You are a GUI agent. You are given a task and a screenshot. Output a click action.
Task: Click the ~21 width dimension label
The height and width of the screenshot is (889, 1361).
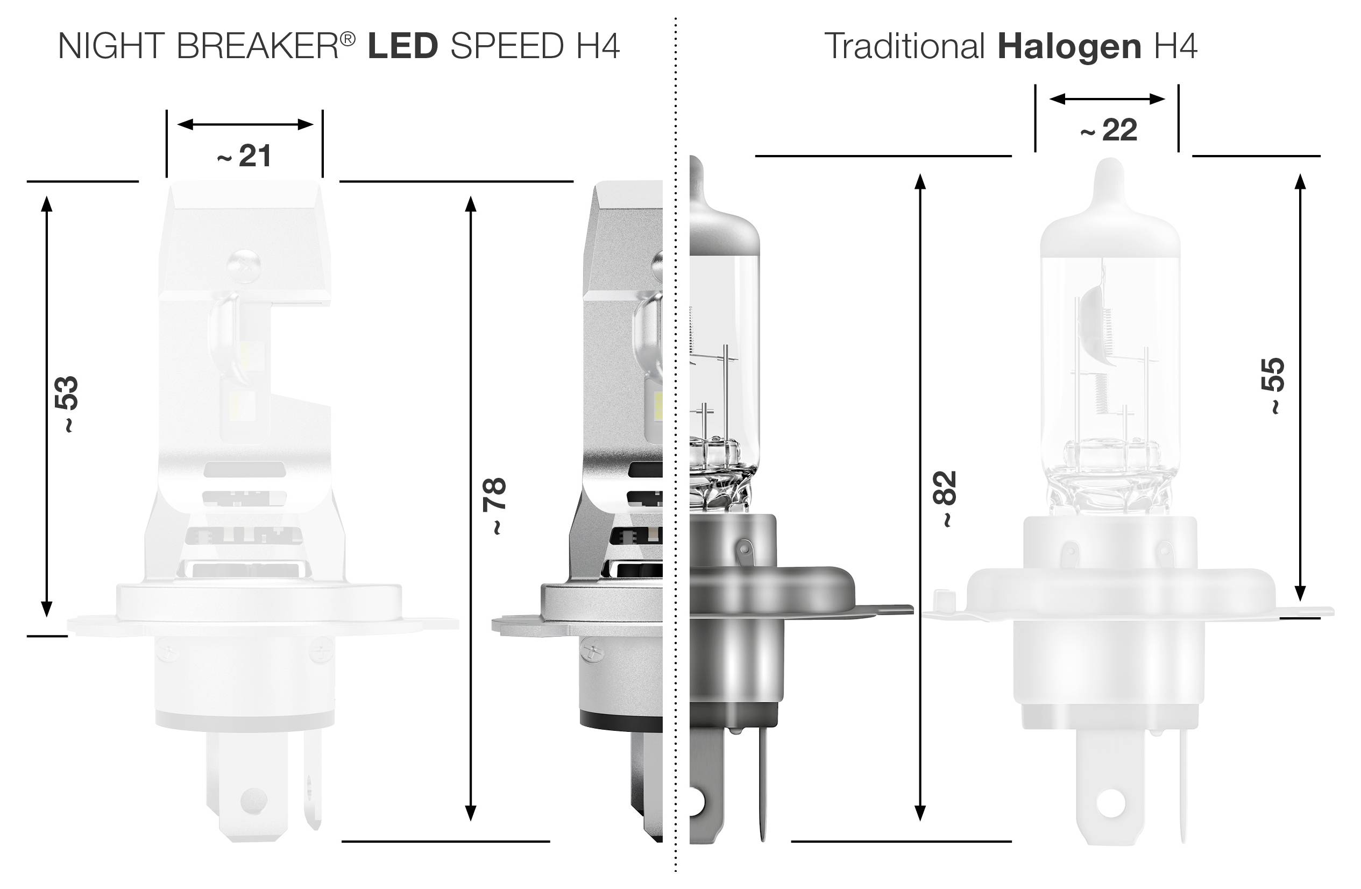(x=244, y=156)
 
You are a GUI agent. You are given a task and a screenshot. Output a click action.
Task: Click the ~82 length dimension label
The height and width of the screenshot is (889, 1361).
(x=944, y=498)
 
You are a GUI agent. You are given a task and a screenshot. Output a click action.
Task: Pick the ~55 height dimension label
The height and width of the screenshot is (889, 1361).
(x=1273, y=385)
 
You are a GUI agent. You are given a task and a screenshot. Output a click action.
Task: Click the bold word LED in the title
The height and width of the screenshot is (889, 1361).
(x=402, y=46)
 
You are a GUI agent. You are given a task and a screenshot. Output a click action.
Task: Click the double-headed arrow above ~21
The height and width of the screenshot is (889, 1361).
(x=245, y=124)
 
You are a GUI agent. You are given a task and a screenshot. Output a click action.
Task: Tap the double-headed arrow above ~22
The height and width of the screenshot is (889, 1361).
(x=1107, y=99)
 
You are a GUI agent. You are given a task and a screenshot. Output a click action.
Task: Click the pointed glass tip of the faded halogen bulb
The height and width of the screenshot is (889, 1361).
(x=1110, y=172)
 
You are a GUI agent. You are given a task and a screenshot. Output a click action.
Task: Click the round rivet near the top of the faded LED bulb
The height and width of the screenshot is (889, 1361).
(x=244, y=265)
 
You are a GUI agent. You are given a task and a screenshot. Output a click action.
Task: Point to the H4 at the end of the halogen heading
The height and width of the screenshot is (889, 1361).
(x=1176, y=46)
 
